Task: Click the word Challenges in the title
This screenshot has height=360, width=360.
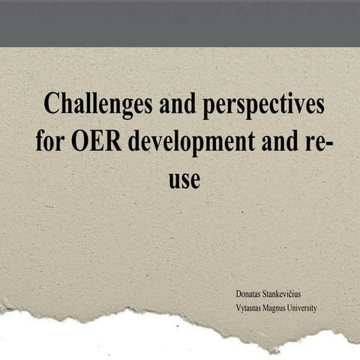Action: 95,104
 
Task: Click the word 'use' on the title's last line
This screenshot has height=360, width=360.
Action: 184,180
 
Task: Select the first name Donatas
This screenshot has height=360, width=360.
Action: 250,293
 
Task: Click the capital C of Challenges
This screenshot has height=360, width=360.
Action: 52,104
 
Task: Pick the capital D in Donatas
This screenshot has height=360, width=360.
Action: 238,293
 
